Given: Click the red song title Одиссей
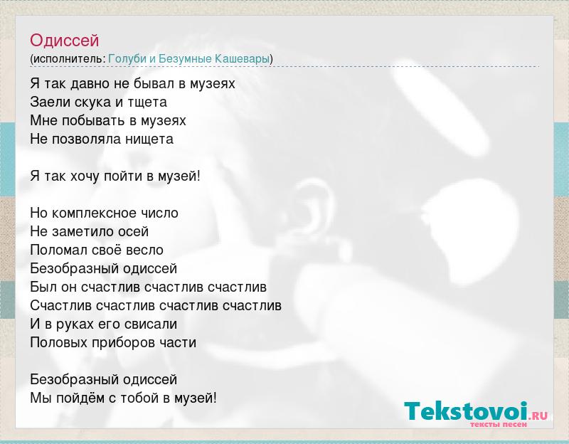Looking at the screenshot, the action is (64, 41).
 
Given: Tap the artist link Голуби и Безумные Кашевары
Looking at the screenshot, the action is (188, 58).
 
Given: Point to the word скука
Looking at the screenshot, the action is (93, 102).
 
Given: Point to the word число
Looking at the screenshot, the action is (163, 213).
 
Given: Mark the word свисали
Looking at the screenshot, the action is (151, 324).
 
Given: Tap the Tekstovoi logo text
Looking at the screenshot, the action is (467, 411).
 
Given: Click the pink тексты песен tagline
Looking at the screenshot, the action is (499, 424).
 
